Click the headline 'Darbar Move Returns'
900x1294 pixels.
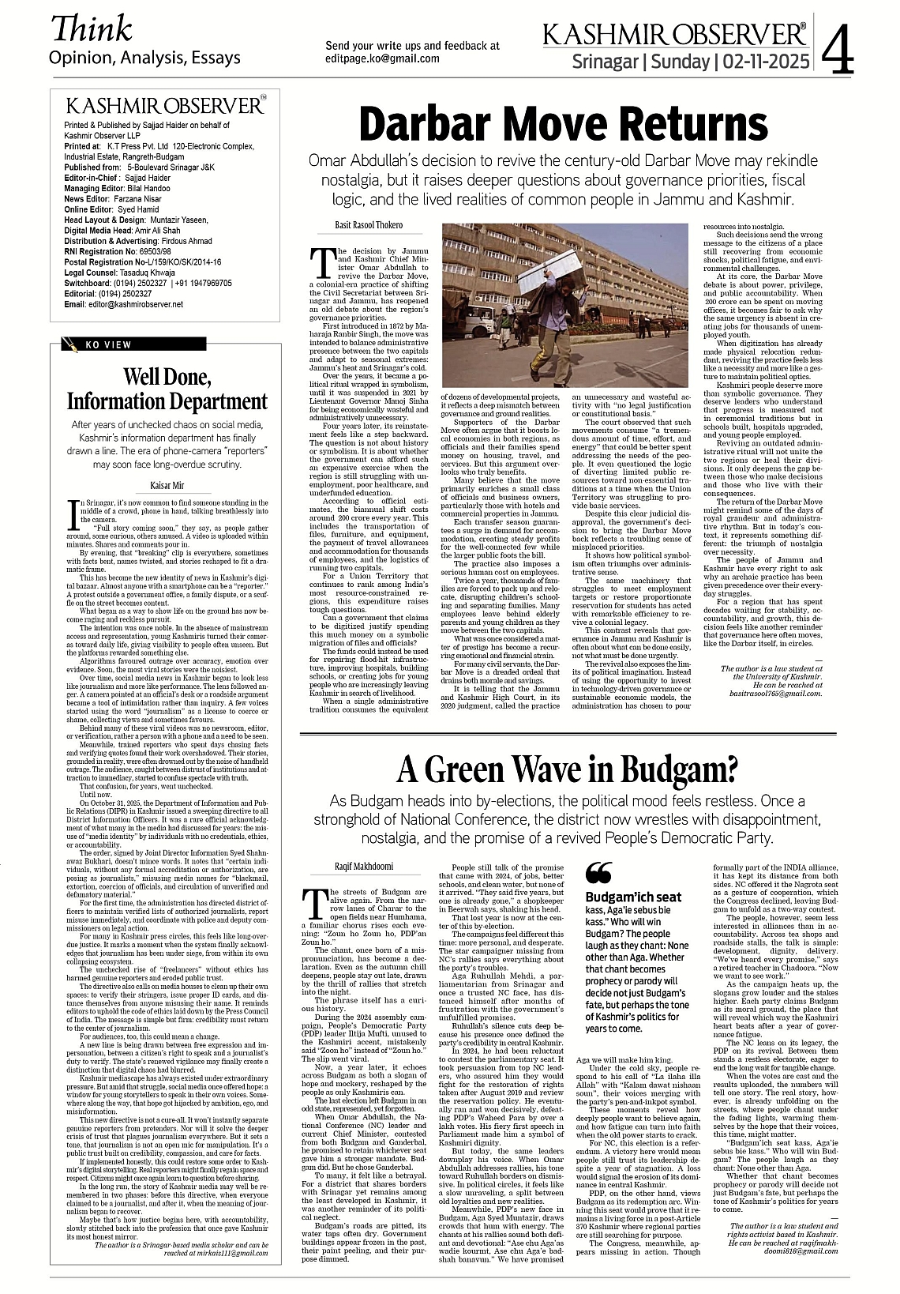tap(563, 125)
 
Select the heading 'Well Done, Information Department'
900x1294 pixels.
tap(167, 389)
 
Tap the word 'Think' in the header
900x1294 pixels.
tap(91, 29)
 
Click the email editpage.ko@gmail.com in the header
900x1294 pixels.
tap(382, 58)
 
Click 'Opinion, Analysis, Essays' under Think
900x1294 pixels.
tap(144, 58)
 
